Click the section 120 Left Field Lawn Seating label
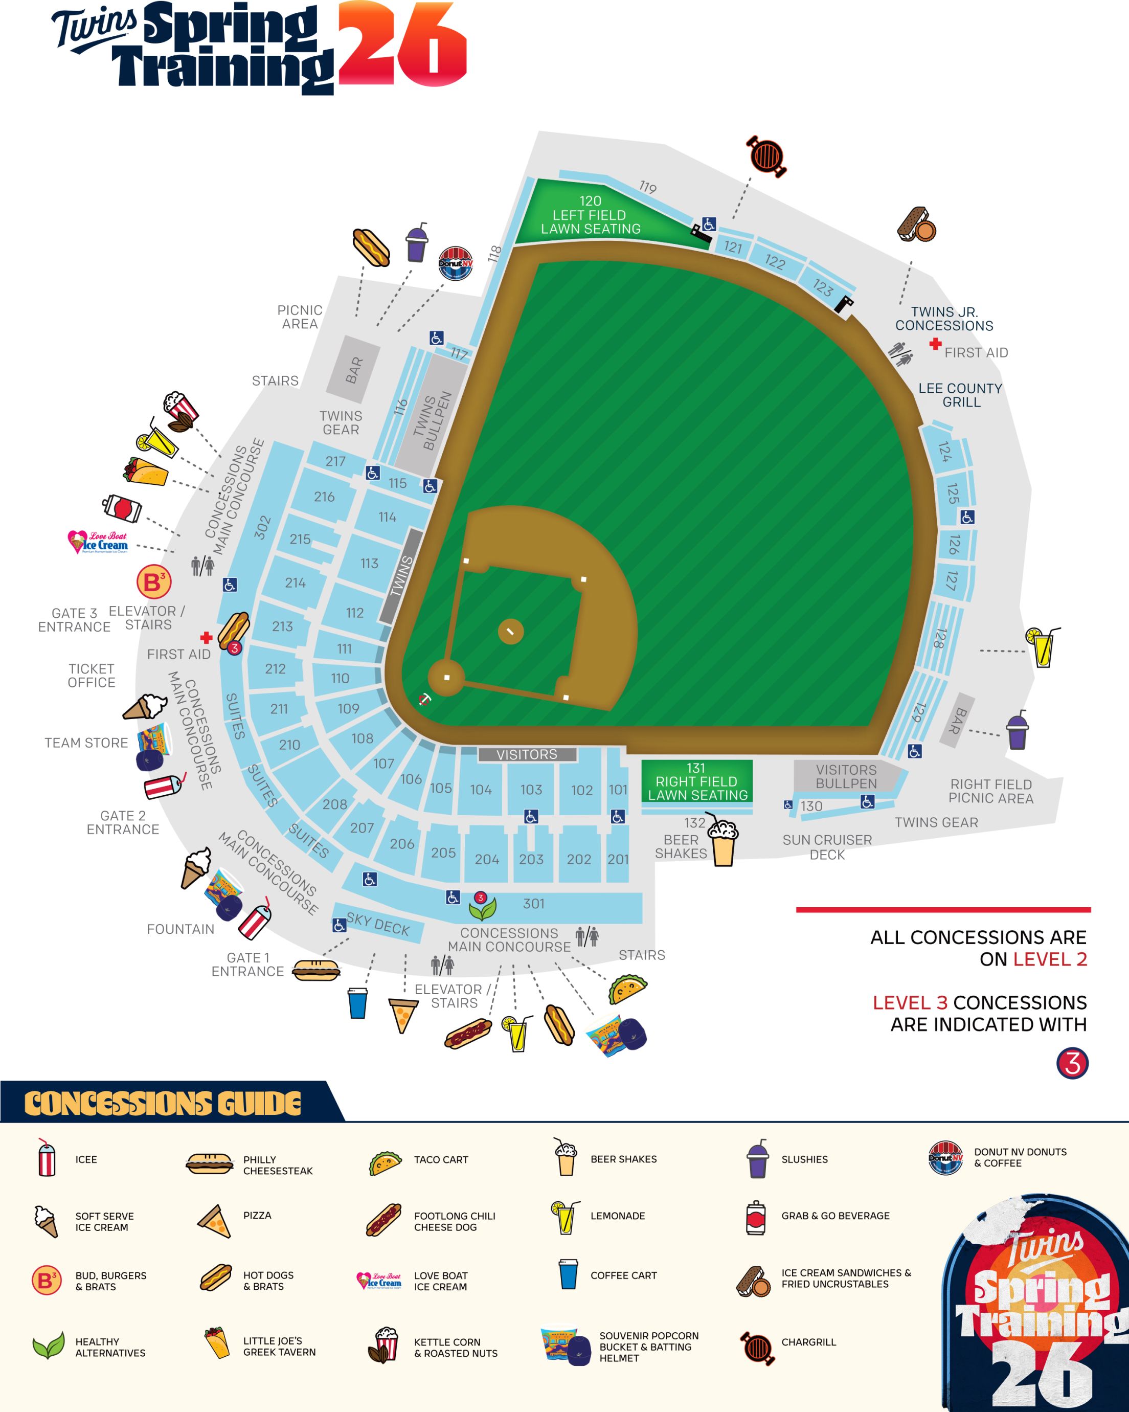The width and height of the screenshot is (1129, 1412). click(x=590, y=215)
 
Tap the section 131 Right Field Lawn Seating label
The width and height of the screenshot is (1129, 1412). click(x=697, y=781)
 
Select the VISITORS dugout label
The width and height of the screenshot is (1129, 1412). click(x=527, y=754)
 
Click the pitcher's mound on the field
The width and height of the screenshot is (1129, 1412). click(x=510, y=632)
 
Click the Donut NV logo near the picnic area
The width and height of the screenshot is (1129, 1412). click(x=455, y=263)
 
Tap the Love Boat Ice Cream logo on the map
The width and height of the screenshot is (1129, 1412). click(x=98, y=542)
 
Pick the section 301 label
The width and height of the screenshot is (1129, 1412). click(x=534, y=904)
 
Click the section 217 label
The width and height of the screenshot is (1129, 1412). click(x=335, y=461)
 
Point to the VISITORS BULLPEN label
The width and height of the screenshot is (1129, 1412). click(x=846, y=776)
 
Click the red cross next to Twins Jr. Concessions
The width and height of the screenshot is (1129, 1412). click(x=935, y=344)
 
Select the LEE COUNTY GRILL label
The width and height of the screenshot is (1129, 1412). click(x=961, y=395)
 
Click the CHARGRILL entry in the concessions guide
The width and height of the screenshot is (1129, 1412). click(x=808, y=1342)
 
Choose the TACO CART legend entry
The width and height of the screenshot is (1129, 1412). click(x=441, y=1159)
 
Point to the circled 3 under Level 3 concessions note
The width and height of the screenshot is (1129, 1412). click(x=1072, y=1062)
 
